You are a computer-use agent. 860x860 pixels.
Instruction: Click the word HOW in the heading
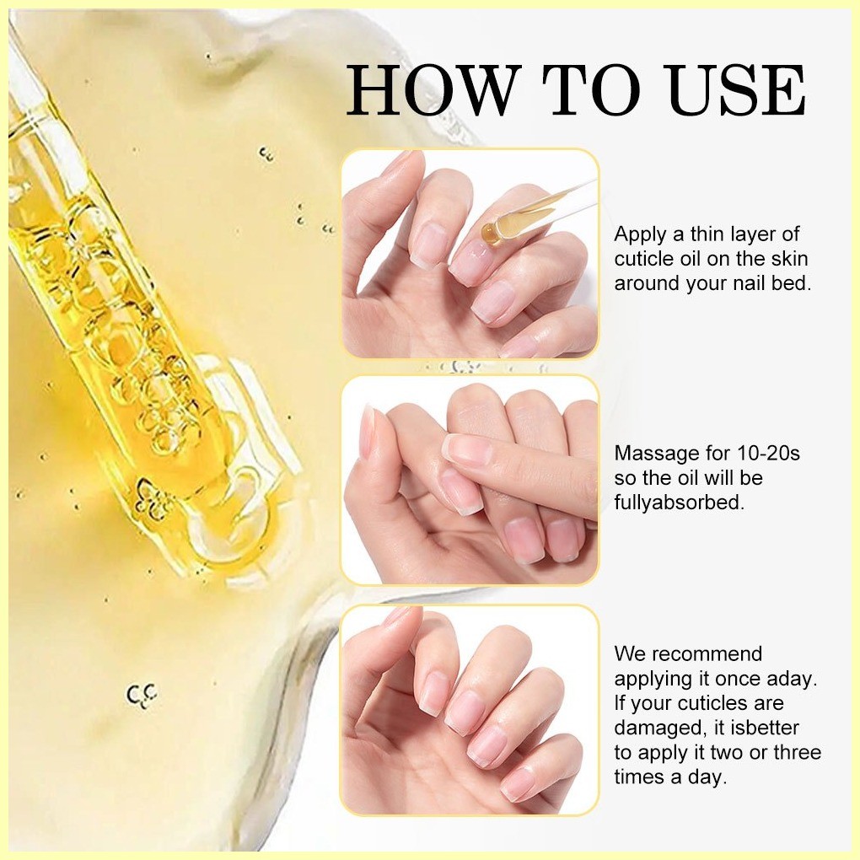pyautogui.click(x=433, y=90)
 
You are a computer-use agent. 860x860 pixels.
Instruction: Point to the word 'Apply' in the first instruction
pyautogui.click(x=641, y=234)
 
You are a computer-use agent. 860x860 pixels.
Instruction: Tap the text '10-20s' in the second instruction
pyautogui.click(x=768, y=453)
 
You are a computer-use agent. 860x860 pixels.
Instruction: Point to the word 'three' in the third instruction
pyautogui.click(x=797, y=752)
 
